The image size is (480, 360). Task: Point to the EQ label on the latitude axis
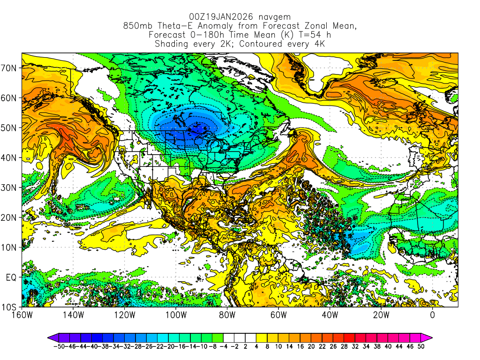[x=11, y=277]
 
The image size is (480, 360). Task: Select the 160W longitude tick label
[x=22, y=315]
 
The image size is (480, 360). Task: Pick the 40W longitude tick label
[x=330, y=315]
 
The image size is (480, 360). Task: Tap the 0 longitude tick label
[x=433, y=315]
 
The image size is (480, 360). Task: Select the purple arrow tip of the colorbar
[x=52, y=337]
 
